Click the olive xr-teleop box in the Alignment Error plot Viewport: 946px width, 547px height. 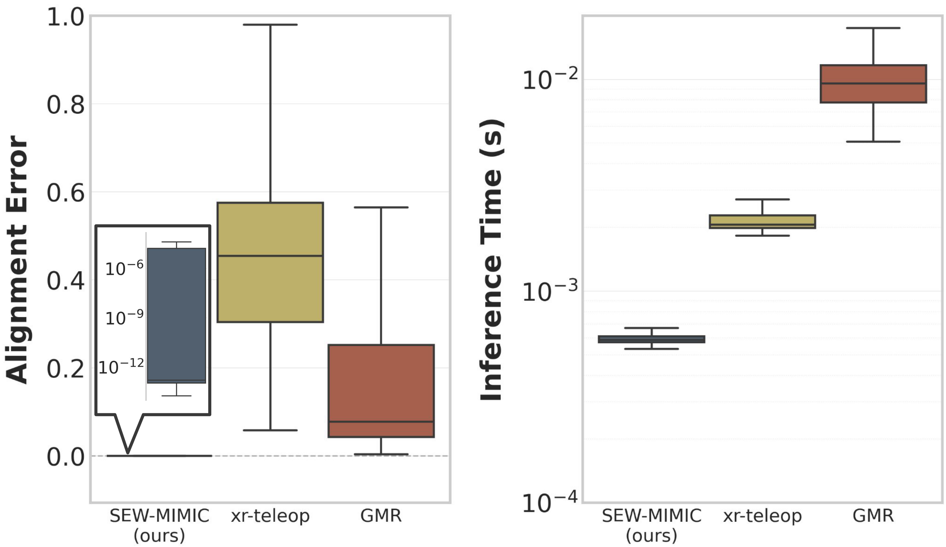coord(270,262)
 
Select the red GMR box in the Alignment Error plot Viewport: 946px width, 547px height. coord(381,390)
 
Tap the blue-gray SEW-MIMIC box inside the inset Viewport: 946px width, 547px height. coord(176,315)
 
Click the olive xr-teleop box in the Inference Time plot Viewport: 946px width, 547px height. coord(762,222)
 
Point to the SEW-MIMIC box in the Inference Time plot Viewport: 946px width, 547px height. coord(651,339)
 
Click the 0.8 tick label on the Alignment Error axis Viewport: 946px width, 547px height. coord(66,105)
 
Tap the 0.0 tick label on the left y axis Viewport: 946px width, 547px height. coord(66,457)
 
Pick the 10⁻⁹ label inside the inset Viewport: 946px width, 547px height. coord(124,318)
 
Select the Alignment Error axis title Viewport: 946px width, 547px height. coord(17,259)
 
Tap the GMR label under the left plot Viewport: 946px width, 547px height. coord(381,515)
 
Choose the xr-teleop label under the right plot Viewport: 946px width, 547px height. coord(762,515)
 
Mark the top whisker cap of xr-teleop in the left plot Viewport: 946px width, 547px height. coord(270,25)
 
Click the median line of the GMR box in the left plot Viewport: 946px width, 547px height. coord(381,422)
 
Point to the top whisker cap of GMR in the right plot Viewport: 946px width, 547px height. coord(873,28)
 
